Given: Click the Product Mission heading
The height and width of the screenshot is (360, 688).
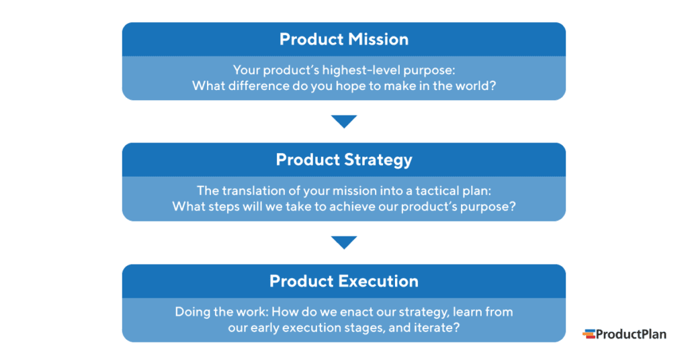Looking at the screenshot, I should click(x=343, y=40).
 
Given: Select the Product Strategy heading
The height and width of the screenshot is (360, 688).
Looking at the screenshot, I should click(x=343, y=160).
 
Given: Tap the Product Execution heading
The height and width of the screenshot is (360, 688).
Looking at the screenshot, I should click(x=343, y=281).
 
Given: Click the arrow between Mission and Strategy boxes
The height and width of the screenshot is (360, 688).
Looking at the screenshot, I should click(x=344, y=122).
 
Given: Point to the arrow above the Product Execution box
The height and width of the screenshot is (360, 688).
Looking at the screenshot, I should click(x=344, y=242).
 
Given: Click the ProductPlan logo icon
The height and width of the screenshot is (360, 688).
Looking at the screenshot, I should click(x=589, y=334).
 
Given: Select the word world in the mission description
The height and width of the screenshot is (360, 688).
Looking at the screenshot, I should click(x=478, y=86).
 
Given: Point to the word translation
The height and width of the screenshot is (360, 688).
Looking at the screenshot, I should click(x=252, y=191).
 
